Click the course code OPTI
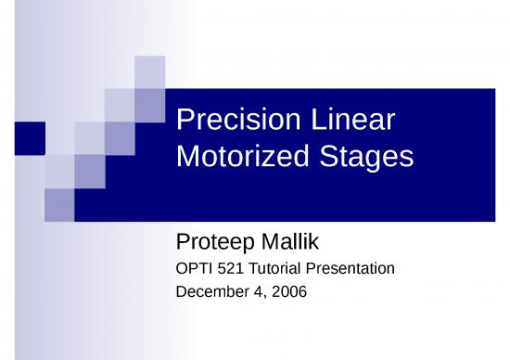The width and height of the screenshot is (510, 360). click(x=193, y=270)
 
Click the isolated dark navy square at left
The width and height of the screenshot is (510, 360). click(x=31, y=137)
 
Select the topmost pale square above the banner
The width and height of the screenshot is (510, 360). click(x=149, y=71)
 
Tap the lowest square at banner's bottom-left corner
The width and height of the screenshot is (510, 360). click(x=59, y=204)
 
